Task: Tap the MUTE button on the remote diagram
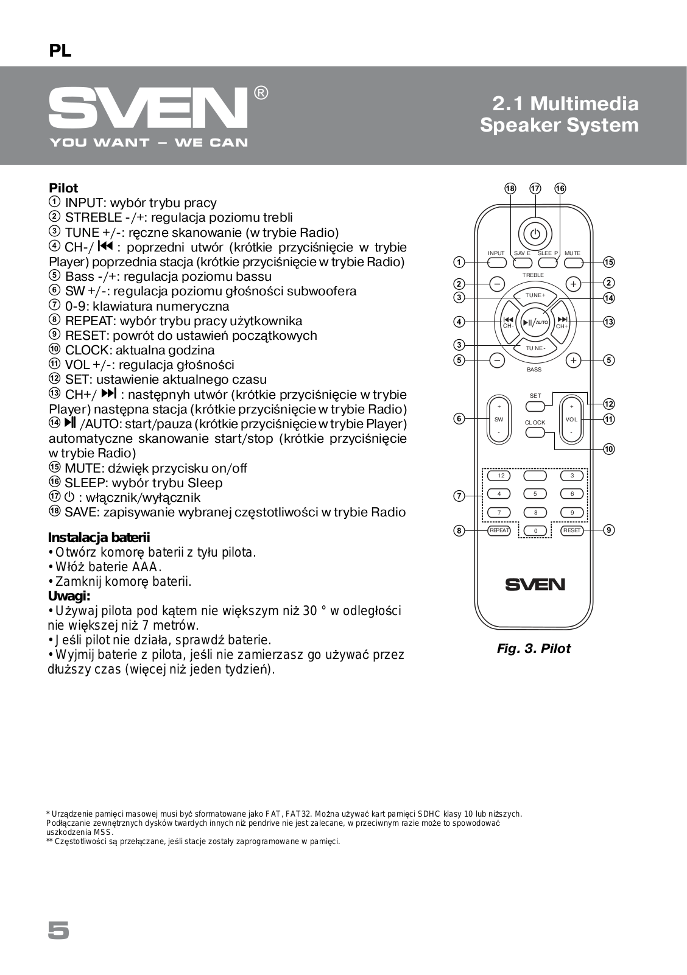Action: (573, 263)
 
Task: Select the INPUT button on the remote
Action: (496, 263)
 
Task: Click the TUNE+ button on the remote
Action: (535, 295)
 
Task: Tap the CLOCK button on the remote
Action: (535, 433)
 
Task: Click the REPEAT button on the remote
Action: (499, 530)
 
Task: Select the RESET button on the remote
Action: (572, 530)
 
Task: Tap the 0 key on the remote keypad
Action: (535, 531)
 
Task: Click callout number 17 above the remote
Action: (535, 189)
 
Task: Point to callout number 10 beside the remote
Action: (609, 449)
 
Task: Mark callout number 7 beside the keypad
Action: (460, 496)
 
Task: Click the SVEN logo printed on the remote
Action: (535, 584)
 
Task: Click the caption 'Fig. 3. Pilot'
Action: (534, 649)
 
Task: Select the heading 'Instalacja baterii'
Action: (99, 538)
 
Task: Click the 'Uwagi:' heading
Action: (69, 596)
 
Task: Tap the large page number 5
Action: (58, 931)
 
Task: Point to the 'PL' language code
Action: (60, 52)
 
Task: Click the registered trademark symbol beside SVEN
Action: (260, 93)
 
